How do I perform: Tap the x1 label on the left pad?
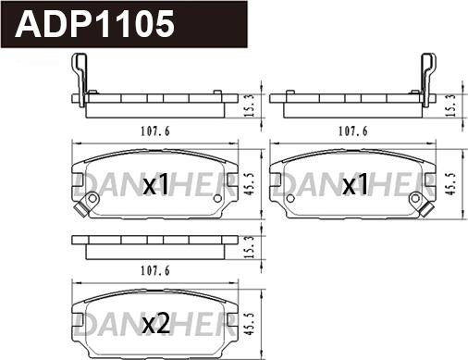[156, 187]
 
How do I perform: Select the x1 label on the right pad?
[355, 187]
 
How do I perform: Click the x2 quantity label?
[156, 324]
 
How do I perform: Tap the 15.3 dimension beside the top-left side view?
[251, 106]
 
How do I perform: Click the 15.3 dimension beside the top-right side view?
[450, 106]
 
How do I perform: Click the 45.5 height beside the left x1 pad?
[251, 180]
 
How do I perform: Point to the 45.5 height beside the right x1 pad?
[450, 180]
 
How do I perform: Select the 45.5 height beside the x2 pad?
[251, 319]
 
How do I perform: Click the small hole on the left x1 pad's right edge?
[218, 196]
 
